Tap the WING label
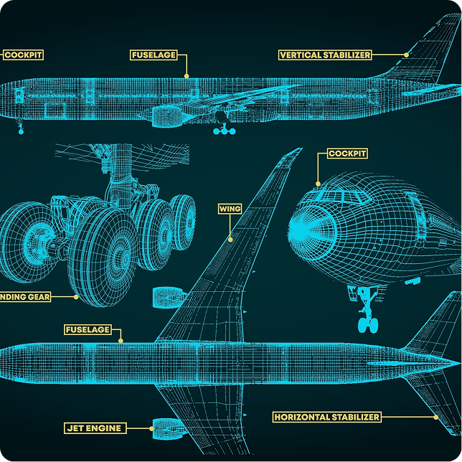(230, 209)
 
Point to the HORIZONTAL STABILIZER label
(326, 417)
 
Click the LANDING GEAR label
(25, 296)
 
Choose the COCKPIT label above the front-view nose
(347, 154)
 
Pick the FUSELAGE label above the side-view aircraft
(154, 55)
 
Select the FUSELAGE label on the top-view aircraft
(88, 330)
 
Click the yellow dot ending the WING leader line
(230, 239)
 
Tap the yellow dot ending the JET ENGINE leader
(152, 428)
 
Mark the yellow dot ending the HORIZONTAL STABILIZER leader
(435, 417)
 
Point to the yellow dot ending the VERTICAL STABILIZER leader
(406, 55)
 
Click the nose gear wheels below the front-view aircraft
(368, 324)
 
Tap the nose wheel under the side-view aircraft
(21, 131)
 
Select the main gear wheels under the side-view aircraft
(225, 131)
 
